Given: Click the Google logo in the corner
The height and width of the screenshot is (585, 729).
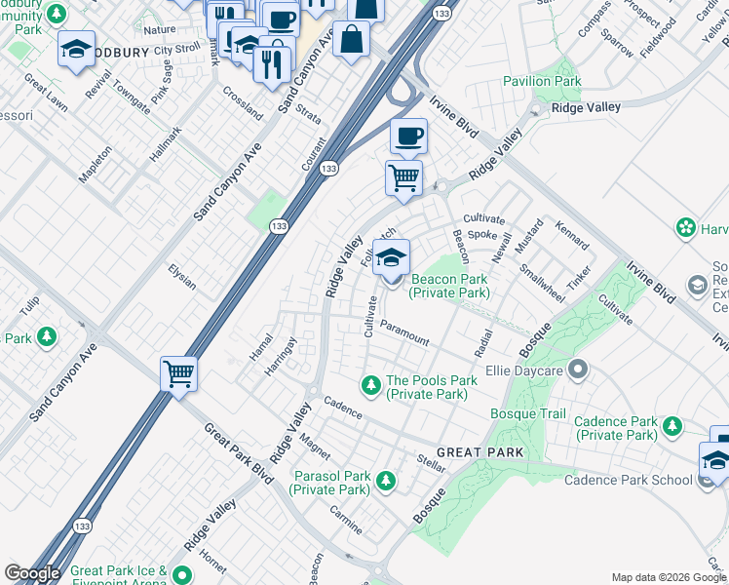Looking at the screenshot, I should (x=32, y=573).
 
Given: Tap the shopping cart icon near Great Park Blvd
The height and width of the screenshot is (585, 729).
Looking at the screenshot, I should (x=179, y=372).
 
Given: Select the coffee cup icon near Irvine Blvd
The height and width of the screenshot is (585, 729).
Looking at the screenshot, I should (x=408, y=135).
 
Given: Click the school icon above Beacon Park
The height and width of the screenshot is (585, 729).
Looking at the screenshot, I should (x=391, y=258).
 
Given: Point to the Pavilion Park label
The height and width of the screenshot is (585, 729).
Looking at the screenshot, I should (x=542, y=82).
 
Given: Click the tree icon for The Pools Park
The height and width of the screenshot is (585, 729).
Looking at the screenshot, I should (x=370, y=381).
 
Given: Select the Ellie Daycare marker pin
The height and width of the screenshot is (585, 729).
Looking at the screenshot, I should (x=578, y=370).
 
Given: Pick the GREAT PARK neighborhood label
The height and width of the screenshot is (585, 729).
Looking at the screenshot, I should (x=480, y=453).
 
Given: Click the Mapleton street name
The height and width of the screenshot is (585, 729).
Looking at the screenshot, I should (x=95, y=164).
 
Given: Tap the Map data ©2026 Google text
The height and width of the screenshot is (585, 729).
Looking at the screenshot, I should (x=669, y=577).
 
